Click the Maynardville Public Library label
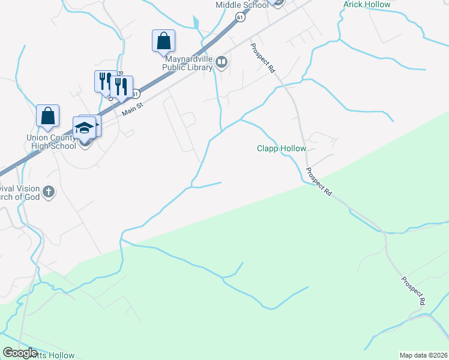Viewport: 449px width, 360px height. click(x=188, y=62)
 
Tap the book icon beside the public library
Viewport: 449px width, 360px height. click(x=222, y=62)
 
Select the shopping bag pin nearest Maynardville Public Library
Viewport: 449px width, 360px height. click(x=163, y=41)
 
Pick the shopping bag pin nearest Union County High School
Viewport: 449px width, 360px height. click(x=47, y=116)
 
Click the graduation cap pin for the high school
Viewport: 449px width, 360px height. click(x=83, y=128)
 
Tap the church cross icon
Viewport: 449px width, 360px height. click(x=49, y=193)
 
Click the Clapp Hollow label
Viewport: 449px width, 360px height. click(x=282, y=148)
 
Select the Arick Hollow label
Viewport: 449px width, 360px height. click(x=366, y=4)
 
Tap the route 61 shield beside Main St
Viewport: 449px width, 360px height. click(x=136, y=94)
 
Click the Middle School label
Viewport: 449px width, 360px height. click(x=242, y=5)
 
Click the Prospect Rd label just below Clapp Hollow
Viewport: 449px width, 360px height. click(x=318, y=181)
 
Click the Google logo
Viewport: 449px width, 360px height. click(x=20, y=353)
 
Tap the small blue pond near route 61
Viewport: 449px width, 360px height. click(x=196, y=23)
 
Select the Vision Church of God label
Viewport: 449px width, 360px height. click(x=22, y=193)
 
